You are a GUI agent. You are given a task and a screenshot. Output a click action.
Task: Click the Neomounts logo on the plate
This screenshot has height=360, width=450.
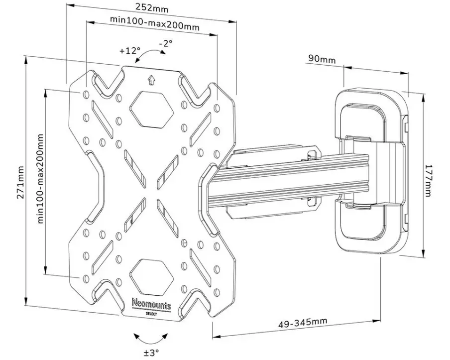tap(151, 303)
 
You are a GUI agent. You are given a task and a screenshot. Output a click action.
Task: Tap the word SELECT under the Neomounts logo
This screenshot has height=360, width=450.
tap(151, 312)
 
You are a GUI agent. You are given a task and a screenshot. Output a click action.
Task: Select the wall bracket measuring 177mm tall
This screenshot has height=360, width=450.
tap(371, 172)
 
